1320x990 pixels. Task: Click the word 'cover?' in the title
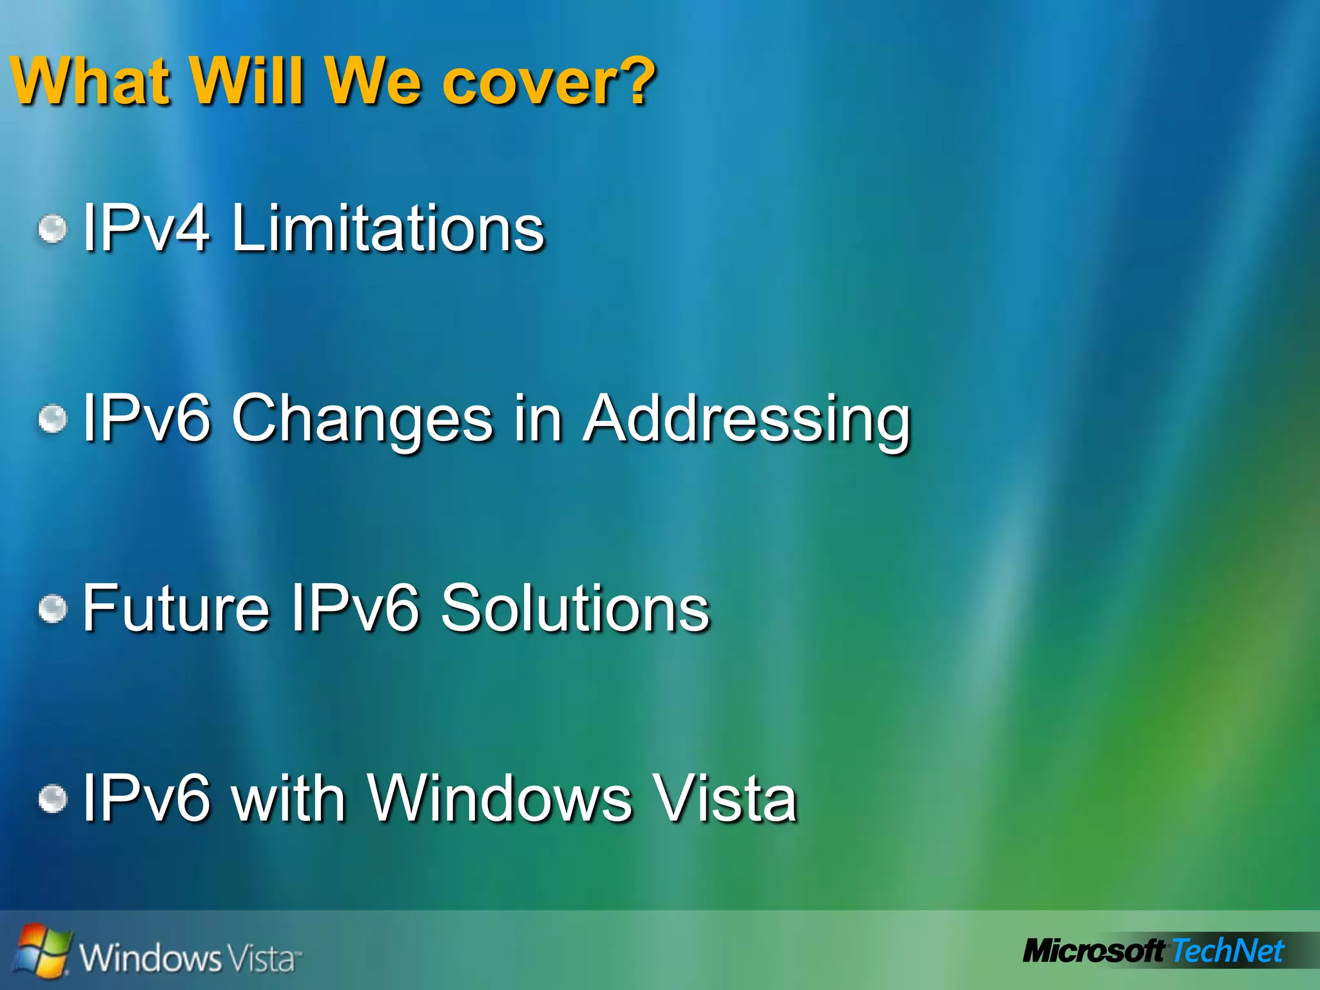tap(548, 82)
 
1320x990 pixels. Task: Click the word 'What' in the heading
tap(91, 82)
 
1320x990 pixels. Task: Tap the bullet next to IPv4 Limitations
tap(52, 229)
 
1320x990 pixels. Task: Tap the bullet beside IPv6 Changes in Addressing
tap(52, 419)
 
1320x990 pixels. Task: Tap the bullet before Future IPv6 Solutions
tap(52, 608)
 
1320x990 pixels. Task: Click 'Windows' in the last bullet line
tap(500, 799)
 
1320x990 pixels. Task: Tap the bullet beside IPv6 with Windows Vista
tap(52, 799)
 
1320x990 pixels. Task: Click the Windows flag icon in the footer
tap(43, 950)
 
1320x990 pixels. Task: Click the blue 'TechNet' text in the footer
tap(1228, 951)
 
